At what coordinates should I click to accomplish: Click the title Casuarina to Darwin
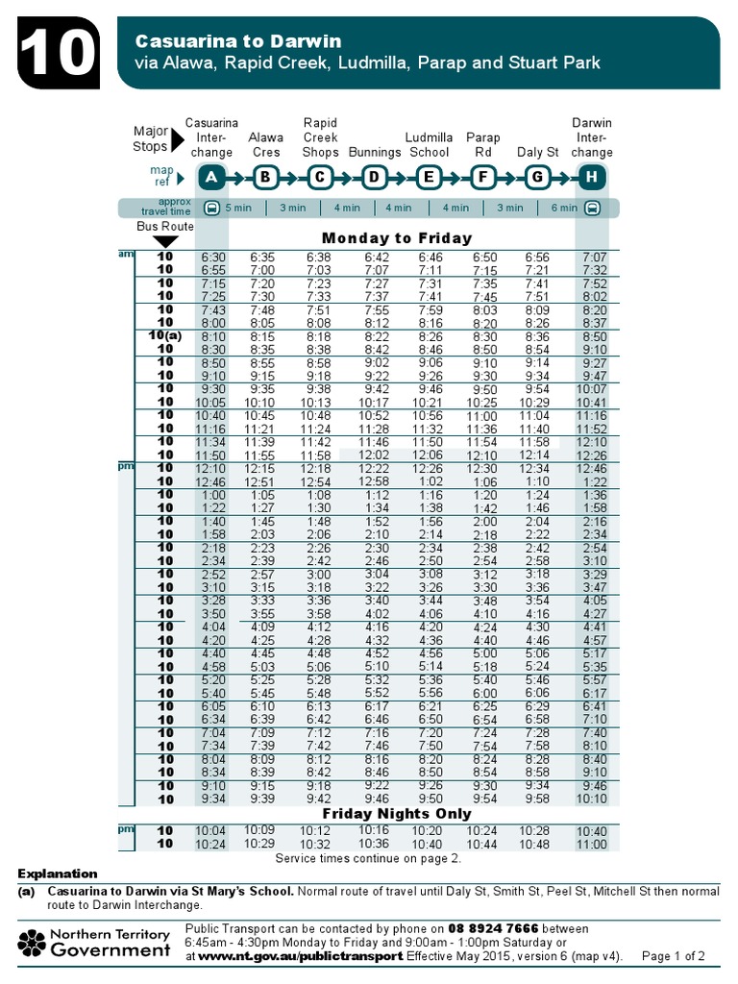coord(237,41)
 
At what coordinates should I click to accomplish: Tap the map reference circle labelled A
coord(211,177)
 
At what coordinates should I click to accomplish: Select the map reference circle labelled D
coord(374,177)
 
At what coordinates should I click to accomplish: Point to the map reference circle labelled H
coord(591,177)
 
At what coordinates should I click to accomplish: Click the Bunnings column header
coord(375,153)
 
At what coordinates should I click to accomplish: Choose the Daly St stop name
coord(537,153)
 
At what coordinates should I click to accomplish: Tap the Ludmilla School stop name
coord(429,145)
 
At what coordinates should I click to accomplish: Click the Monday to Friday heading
coord(397,237)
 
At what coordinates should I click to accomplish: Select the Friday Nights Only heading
coord(397,814)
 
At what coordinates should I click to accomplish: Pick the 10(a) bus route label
coord(165,336)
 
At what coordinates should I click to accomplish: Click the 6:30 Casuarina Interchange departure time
coord(212,258)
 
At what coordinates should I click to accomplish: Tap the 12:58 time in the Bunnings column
coord(374,480)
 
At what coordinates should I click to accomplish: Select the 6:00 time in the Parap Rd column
coord(484,693)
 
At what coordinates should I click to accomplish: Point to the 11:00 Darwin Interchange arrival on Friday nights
coord(592,845)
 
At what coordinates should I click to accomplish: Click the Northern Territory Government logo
coord(95,943)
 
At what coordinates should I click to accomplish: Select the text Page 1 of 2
coord(673,957)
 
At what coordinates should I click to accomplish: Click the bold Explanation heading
coord(58,873)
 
